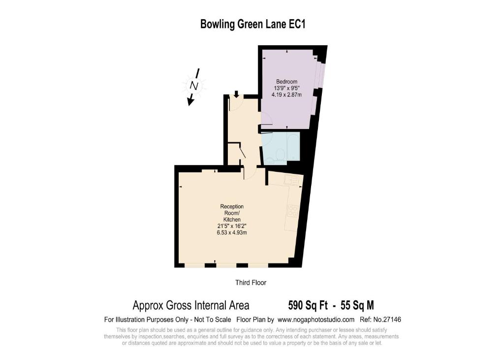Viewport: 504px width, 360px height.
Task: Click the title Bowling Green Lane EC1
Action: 252,24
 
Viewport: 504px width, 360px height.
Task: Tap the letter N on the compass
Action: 194,86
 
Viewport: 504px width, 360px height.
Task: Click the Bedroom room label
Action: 287,82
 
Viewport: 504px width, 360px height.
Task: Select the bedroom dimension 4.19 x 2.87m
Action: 287,95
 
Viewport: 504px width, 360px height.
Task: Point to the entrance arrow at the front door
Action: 236,94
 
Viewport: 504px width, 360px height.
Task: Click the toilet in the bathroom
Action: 280,155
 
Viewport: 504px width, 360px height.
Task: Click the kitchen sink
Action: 292,180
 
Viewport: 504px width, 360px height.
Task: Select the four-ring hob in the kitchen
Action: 292,211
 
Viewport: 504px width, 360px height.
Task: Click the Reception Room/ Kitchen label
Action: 232,213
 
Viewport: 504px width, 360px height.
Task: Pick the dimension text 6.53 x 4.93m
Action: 232,232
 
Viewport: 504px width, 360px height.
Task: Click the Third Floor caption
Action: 251,283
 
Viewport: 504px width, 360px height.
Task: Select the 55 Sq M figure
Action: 357,305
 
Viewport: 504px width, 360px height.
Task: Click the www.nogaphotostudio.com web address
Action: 316,320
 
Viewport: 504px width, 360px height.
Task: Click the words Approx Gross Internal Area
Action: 191,305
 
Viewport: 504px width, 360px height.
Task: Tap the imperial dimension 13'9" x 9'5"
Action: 287,88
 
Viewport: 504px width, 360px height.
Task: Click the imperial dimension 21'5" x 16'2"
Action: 232,226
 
